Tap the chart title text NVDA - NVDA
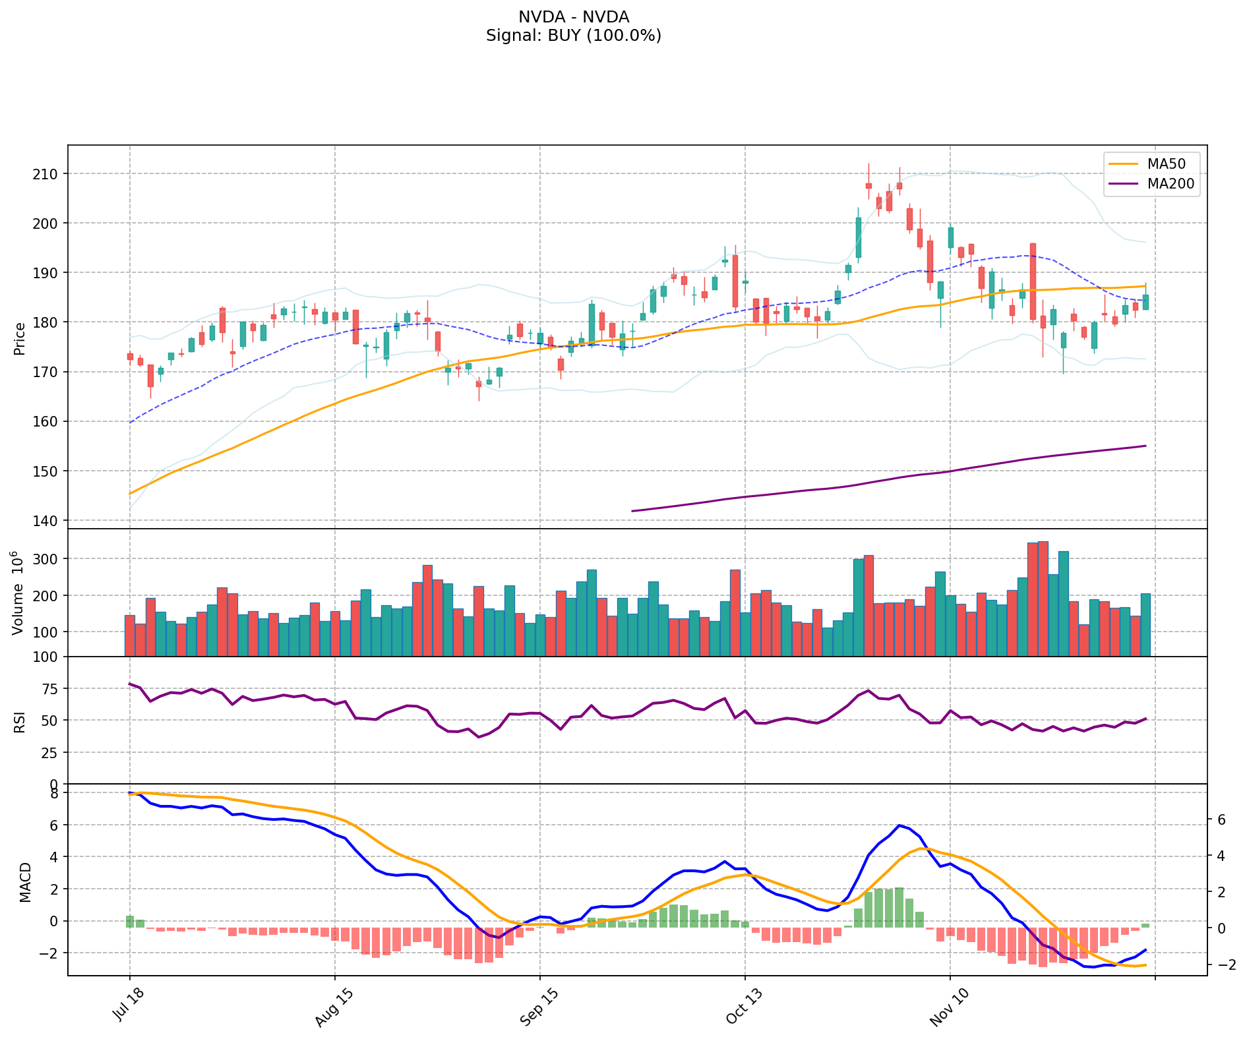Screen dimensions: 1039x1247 point(573,17)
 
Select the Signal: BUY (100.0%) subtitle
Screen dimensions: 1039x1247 point(573,36)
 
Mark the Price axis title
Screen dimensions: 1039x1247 point(20,338)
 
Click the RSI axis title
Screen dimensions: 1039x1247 point(20,721)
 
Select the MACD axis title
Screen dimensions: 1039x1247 point(25,881)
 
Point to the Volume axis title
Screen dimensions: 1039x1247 point(18,593)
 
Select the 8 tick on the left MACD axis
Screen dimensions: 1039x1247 point(55,793)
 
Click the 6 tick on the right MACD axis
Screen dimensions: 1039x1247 point(1222,819)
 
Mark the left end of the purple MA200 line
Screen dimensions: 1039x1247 point(632,511)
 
